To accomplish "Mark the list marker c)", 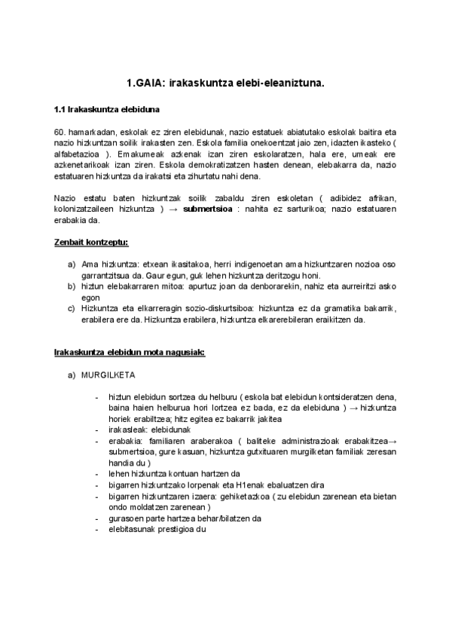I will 72,309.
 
